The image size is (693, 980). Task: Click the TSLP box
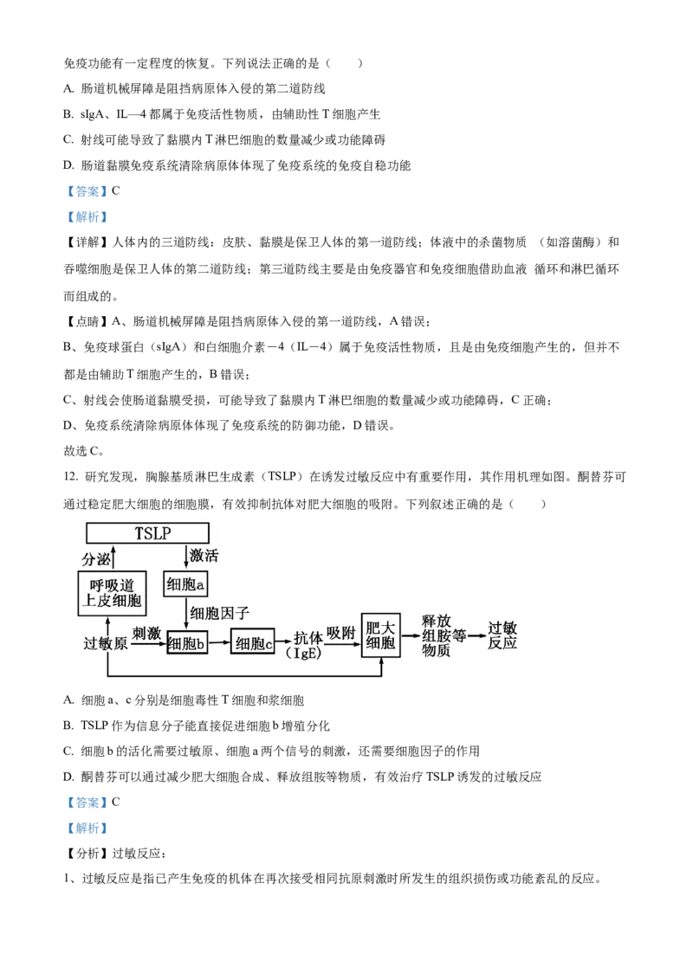pos(148,533)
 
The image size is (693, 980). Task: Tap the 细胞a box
pos(186,585)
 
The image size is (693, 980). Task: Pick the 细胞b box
pos(187,642)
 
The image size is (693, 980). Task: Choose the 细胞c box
pos(253,642)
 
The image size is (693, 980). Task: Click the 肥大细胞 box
pos(381,636)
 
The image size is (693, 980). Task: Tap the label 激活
pos(204,556)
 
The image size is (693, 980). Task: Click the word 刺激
pos(147,633)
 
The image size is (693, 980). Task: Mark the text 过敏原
pos(106,644)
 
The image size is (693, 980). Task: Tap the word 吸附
pos(342,633)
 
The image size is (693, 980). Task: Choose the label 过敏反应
pos(502,636)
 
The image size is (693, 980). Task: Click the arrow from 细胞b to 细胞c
pos(220,642)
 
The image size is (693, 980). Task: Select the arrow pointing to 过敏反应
pos(476,636)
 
